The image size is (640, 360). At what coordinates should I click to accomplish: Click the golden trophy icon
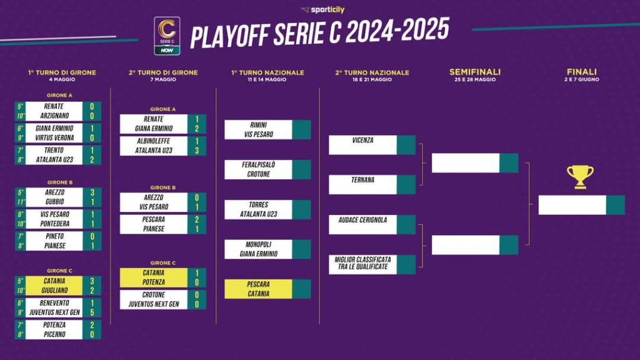coord(580,177)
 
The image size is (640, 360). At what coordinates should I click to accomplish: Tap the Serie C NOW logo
coord(167,36)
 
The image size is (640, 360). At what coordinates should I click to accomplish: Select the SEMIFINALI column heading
coord(475,72)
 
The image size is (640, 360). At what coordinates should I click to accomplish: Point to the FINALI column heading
coord(582,72)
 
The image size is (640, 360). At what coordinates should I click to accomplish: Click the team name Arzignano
coord(54,116)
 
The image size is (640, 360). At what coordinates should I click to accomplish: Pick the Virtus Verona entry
coord(54,138)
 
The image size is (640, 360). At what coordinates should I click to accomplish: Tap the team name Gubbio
coord(55,202)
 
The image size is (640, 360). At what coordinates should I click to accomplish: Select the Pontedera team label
coord(55,224)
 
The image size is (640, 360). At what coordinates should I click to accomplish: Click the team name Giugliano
coord(54,290)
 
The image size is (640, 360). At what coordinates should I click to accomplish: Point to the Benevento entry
coord(54,303)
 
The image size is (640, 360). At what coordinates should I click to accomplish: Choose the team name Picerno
coord(54,334)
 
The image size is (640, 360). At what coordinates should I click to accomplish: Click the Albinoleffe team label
coord(154,141)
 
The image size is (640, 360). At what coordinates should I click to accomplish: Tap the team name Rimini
coord(258,125)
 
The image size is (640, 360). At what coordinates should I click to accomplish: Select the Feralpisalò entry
coord(258,164)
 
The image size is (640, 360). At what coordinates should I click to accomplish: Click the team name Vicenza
coord(362,140)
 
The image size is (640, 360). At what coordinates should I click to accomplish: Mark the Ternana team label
coord(362,179)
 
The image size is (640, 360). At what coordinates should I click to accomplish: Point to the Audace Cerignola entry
coord(362,219)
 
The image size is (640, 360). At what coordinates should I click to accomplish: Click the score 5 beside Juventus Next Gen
coord(92,312)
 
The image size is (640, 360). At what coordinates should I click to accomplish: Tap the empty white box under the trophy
coord(572,205)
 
